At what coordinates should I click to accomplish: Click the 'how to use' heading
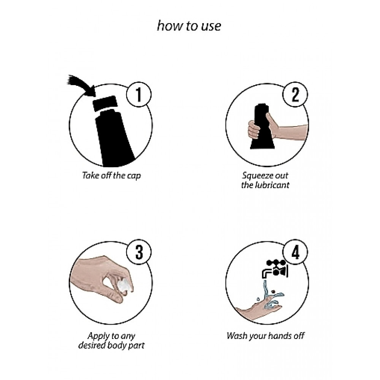189,26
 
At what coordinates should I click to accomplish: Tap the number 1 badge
139,95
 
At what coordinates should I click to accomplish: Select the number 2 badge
295,95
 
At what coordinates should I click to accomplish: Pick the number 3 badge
139,252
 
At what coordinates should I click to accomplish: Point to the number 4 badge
295,252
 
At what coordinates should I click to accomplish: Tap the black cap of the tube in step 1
105,103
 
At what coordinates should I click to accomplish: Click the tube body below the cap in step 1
114,138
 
